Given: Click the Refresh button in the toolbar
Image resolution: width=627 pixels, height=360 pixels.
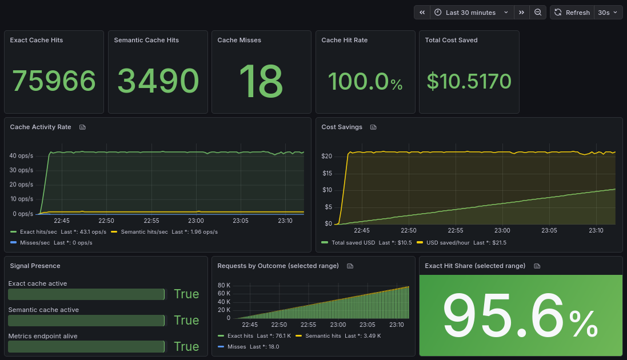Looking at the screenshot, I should [572, 13].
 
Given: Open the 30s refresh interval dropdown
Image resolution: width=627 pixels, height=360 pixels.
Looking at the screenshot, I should [608, 13].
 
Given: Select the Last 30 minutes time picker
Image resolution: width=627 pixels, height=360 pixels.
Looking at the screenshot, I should [470, 13].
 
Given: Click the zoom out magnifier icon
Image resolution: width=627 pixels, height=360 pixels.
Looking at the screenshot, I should [538, 13].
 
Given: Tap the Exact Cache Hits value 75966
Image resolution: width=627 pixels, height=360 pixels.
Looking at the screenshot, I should [54, 81].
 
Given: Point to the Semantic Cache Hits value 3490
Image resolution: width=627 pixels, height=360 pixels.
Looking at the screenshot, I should [158, 81].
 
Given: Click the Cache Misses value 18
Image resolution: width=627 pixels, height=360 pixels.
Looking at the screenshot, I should [261, 81].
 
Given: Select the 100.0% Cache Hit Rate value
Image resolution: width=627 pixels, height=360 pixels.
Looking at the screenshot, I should [365, 82].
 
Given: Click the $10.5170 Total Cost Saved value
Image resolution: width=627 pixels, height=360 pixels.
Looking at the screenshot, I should [469, 82].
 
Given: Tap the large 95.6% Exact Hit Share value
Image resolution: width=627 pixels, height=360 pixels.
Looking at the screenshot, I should [520, 316].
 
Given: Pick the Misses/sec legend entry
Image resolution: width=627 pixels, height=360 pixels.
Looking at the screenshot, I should [34, 243].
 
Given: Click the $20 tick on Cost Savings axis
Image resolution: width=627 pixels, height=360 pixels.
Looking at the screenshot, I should [327, 156].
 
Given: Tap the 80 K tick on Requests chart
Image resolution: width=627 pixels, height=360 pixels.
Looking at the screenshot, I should [224, 285].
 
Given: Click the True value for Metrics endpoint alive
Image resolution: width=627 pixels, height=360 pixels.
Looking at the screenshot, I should [186, 346].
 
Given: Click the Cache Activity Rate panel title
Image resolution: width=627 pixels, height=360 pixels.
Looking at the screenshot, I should [41, 127].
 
